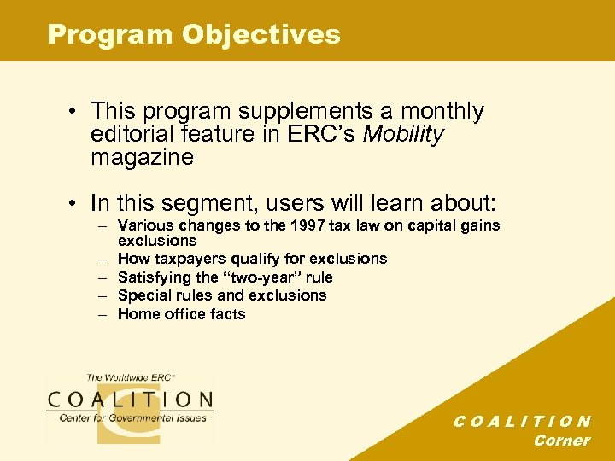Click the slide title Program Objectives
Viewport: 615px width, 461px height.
pyautogui.click(x=194, y=34)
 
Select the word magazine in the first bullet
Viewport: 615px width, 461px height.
pyautogui.click(x=143, y=158)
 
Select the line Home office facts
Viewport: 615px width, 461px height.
pyautogui.click(x=181, y=314)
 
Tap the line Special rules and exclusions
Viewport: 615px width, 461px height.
pyautogui.click(x=222, y=295)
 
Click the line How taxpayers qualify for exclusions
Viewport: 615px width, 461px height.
pyautogui.click(x=252, y=259)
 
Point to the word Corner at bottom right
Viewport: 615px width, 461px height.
pyautogui.click(x=561, y=441)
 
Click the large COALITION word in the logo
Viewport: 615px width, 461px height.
pyautogui.click(x=130, y=400)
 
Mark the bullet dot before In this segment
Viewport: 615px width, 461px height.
pyautogui.click(x=78, y=204)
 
